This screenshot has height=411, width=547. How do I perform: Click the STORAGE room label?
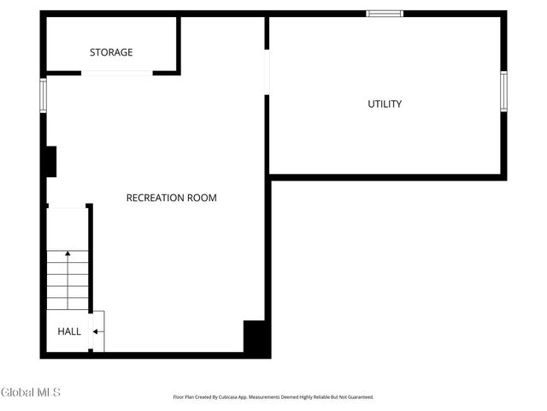point(111,52)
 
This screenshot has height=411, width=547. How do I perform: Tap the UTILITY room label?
point(385,104)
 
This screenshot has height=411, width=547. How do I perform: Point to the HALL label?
point(69,331)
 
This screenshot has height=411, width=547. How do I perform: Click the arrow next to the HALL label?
point(97,331)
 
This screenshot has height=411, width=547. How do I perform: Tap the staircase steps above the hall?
point(68,279)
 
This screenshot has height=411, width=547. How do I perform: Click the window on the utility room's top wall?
point(385,13)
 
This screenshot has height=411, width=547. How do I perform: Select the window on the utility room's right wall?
point(503,92)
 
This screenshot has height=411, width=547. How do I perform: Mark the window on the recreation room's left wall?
point(43,95)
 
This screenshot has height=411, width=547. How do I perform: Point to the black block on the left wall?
point(50,161)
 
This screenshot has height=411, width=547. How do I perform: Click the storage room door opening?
point(116,73)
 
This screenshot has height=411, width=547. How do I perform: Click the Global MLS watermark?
point(31,392)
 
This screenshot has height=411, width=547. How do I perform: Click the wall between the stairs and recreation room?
point(90,257)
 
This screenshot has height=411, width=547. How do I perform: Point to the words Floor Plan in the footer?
point(185,397)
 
